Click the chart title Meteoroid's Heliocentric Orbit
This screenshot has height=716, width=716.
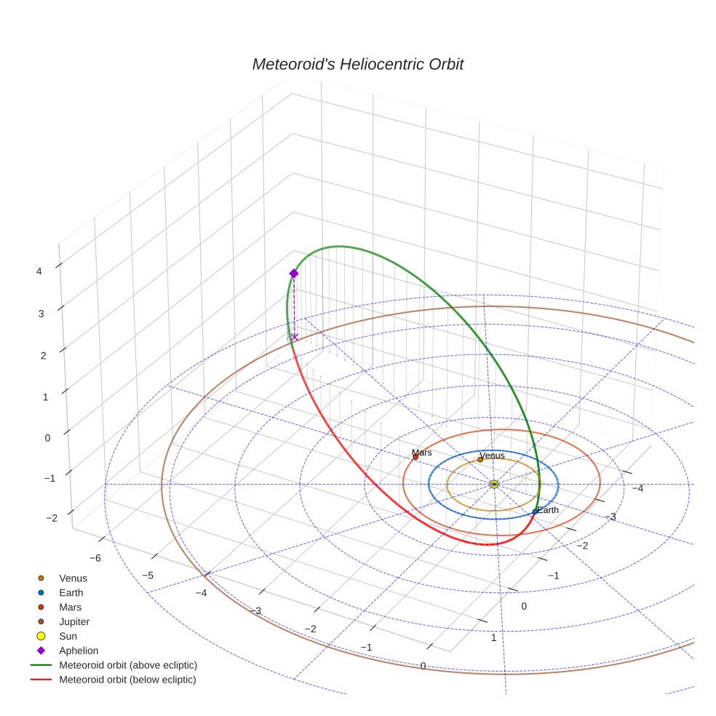pyautogui.click(x=357, y=64)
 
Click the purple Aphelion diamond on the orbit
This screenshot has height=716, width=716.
pyautogui.click(x=294, y=273)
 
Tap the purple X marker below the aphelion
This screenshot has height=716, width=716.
pyautogui.click(x=295, y=336)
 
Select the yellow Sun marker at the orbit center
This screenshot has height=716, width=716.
pyautogui.click(x=494, y=484)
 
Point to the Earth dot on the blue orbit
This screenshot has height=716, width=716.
pyautogui.click(x=535, y=512)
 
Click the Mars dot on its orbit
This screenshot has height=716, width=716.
pyautogui.click(x=415, y=457)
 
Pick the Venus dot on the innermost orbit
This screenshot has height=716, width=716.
pyautogui.click(x=480, y=459)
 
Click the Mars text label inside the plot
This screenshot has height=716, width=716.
pyautogui.click(x=422, y=453)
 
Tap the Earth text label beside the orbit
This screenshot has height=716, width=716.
pyautogui.click(x=548, y=510)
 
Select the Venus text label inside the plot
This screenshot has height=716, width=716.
pyautogui.click(x=493, y=456)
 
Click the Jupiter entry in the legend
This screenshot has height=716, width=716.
pyautogui.click(x=75, y=621)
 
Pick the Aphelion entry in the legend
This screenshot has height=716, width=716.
pyautogui.click(x=79, y=651)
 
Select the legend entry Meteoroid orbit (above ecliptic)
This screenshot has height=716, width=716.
pyautogui.click(x=128, y=665)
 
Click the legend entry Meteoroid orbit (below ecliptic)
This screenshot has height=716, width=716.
pyautogui.click(x=128, y=680)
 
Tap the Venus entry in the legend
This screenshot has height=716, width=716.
pyautogui.click(x=73, y=578)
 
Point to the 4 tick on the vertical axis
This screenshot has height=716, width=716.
pyautogui.click(x=39, y=271)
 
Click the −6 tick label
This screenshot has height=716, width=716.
pyautogui.click(x=95, y=557)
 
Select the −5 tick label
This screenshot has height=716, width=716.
pyautogui.click(x=148, y=575)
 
